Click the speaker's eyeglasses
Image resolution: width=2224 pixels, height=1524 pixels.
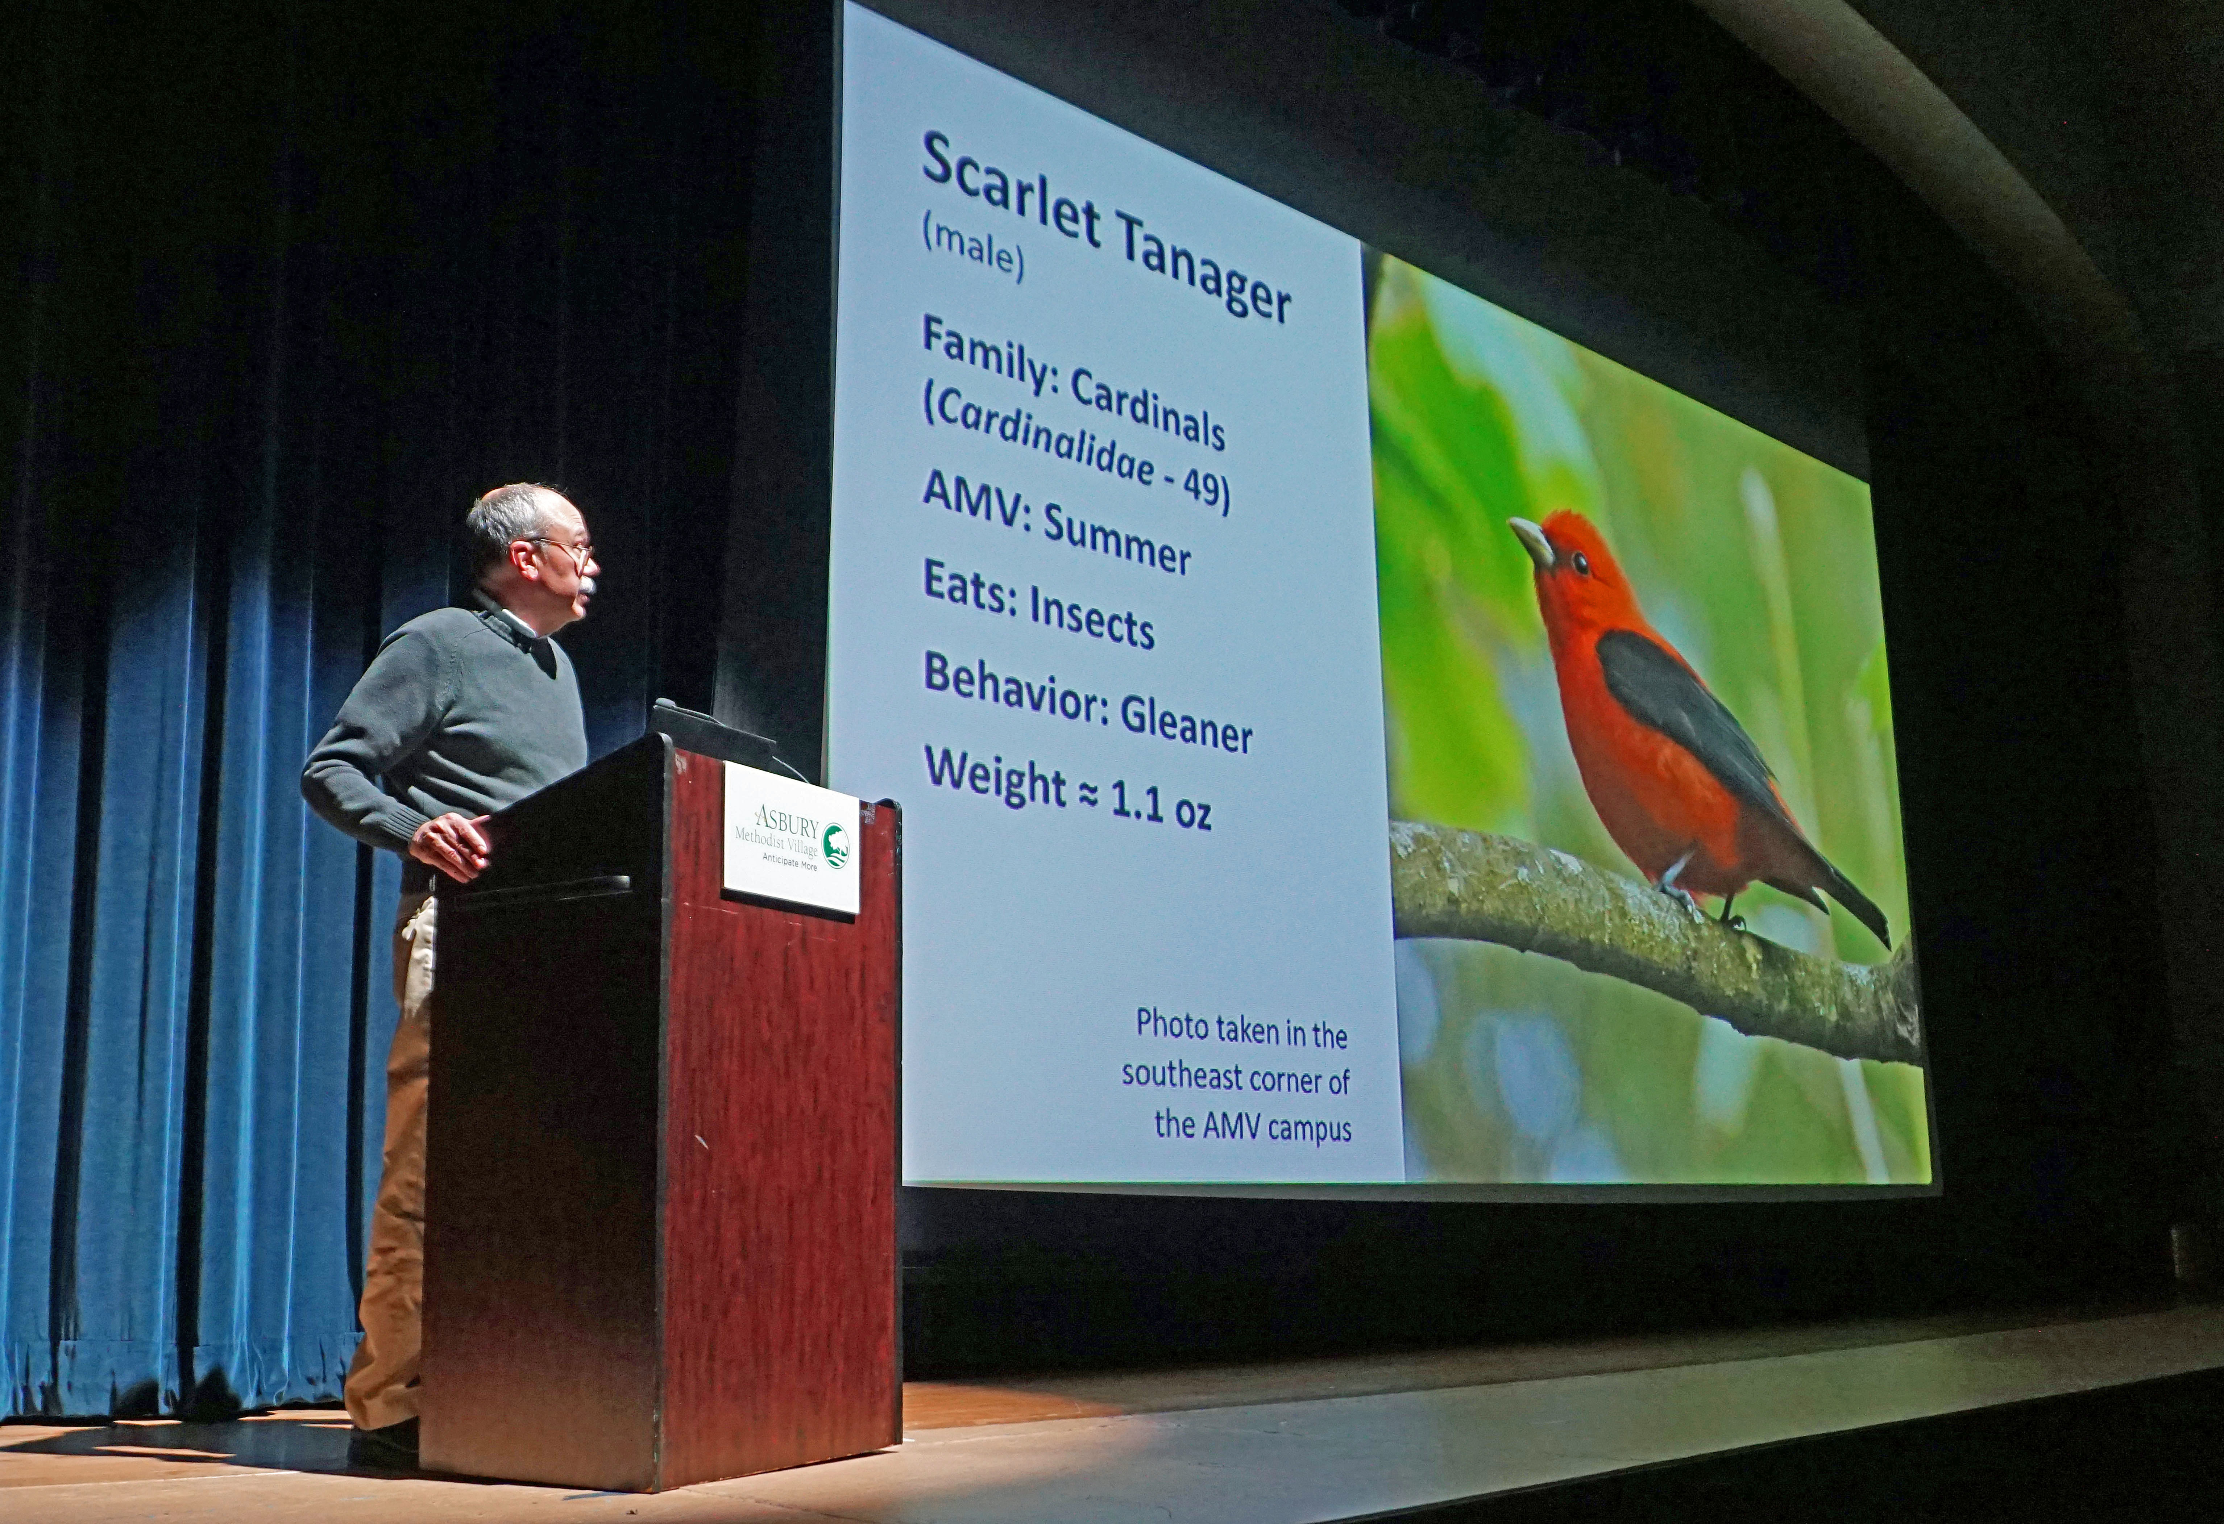click(565, 548)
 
